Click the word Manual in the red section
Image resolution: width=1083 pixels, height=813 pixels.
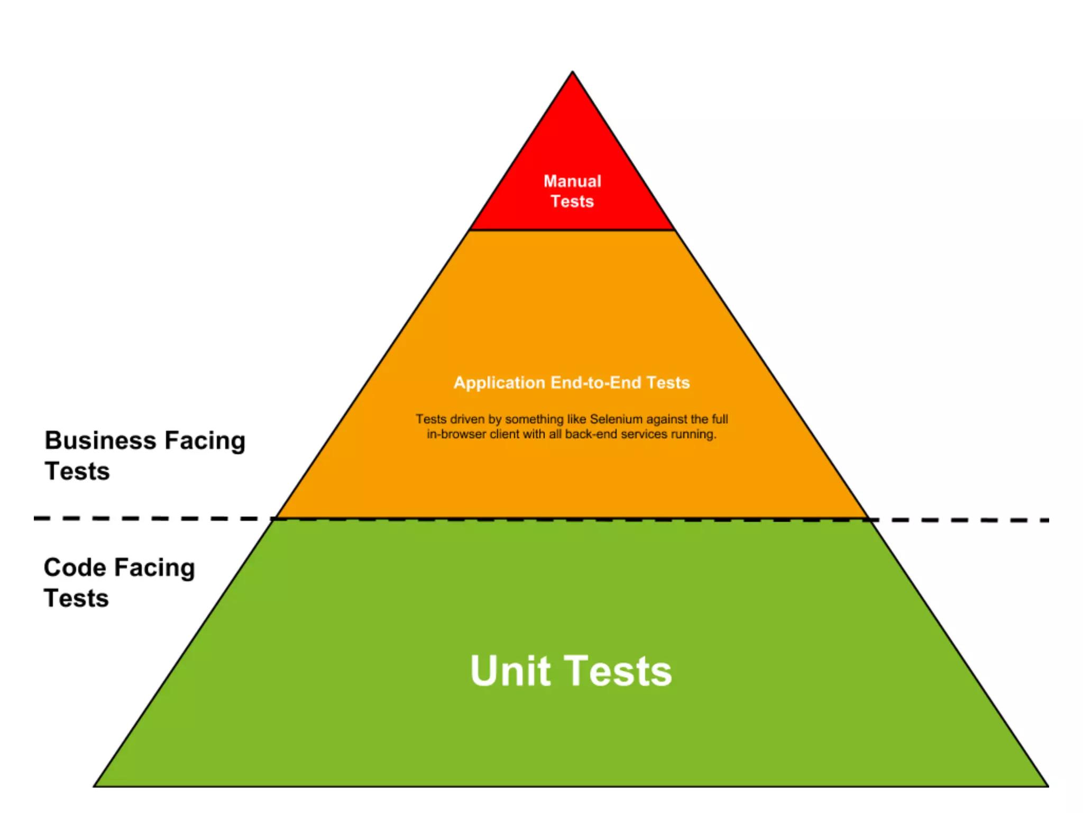pyautogui.click(x=572, y=181)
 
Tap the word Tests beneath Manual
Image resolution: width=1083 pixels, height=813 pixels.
pyautogui.click(x=572, y=202)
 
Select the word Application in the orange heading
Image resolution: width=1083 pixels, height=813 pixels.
pyautogui.click(x=499, y=383)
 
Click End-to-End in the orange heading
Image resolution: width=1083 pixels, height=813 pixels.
pyautogui.click(x=595, y=383)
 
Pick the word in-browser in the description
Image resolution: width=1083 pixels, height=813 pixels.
pyautogui.click(x=456, y=434)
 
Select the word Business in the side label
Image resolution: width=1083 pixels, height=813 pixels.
pyautogui.click(x=100, y=440)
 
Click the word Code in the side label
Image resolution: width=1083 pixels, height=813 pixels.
pyautogui.click(x=75, y=567)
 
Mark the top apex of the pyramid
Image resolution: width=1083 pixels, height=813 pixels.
pyautogui.click(x=572, y=73)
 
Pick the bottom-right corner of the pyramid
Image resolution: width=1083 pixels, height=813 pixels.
pyautogui.click(x=1047, y=785)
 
